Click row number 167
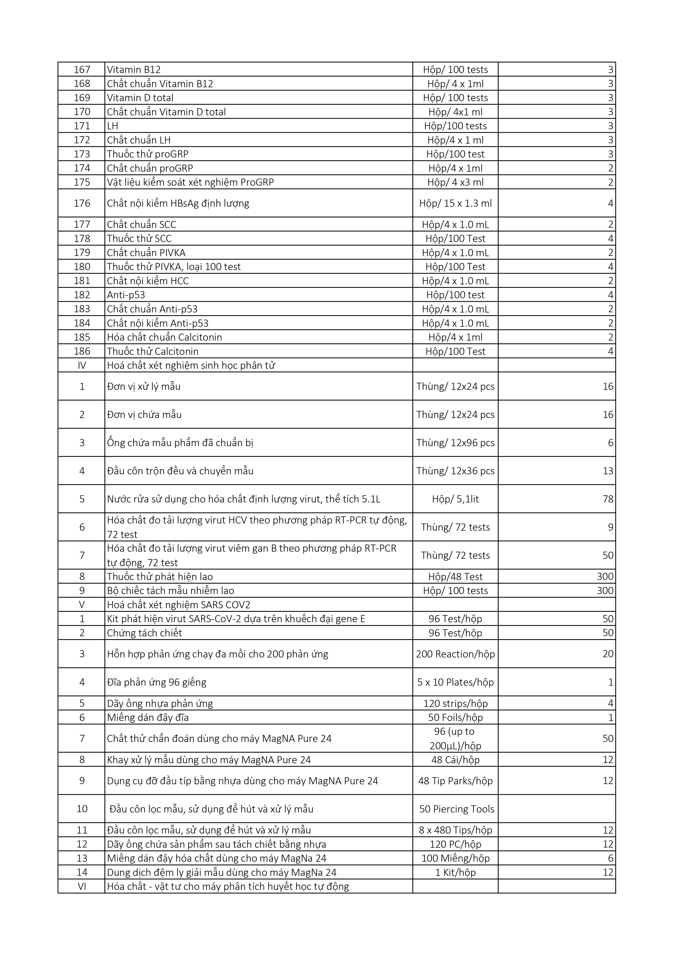point(82,70)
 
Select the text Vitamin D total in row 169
point(140,98)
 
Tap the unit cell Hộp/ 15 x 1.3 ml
point(455,203)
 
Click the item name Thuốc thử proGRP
point(147,154)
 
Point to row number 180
point(82,267)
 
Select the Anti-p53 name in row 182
point(126,295)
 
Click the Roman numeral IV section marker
point(82,366)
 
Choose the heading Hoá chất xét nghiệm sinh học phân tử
point(191,366)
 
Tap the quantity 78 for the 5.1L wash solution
point(608,499)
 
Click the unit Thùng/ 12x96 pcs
point(455,443)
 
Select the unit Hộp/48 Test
point(455,577)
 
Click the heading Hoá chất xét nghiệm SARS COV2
point(178,605)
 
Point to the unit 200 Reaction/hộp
point(455,654)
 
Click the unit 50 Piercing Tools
point(457,809)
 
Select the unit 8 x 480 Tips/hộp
point(455,830)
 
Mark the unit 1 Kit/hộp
point(455,873)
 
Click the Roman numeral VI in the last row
point(82,886)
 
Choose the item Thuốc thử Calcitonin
point(153,351)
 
